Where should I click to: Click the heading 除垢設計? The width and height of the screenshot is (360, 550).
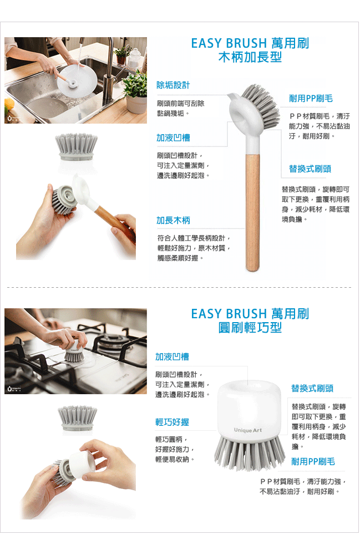[x=173, y=85]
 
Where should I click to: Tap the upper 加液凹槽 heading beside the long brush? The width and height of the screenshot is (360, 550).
[x=173, y=138]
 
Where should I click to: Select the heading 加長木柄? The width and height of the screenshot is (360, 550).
[x=173, y=220]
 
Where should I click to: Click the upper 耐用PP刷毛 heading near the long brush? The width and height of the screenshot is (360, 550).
[x=311, y=99]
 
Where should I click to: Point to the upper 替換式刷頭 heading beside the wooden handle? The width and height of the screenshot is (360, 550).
[x=310, y=169]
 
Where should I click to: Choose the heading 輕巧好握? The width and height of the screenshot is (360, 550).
[x=172, y=422]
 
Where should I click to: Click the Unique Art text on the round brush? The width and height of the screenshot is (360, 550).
[x=248, y=430]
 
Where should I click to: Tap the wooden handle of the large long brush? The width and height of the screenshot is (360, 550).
[x=252, y=212]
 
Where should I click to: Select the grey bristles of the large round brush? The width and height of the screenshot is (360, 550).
[x=250, y=453]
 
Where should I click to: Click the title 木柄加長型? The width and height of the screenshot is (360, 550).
[x=250, y=57]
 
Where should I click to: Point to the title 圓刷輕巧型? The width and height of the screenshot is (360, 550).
[x=250, y=327]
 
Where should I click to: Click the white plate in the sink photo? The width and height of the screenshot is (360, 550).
[x=77, y=79]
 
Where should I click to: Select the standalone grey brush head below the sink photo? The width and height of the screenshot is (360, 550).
[x=77, y=146]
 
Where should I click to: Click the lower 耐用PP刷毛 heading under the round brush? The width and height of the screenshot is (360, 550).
[x=313, y=462]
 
